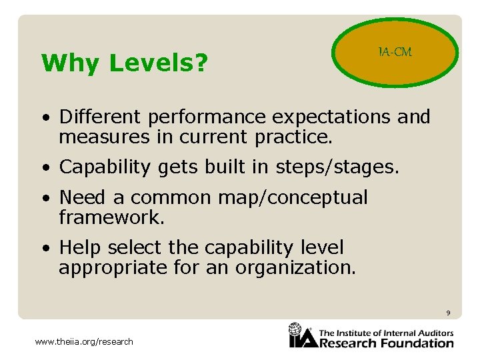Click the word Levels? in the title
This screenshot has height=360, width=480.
[159, 63]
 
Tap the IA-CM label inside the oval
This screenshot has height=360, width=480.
[395, 52]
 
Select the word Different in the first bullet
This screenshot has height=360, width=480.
[101, 117]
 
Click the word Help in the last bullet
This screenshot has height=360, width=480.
[80, 247]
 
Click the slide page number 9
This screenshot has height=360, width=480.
[448, 313]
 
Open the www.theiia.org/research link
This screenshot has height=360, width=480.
[84, 342]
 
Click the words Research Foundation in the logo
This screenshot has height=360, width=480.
[386, 343]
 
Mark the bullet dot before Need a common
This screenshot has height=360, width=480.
[44, 199]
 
